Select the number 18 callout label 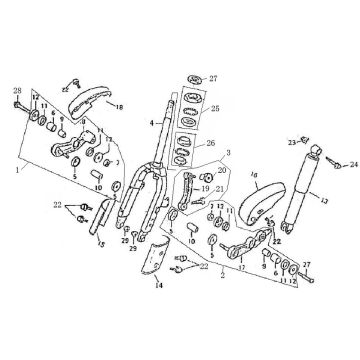[119, 103]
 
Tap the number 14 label [157, 313]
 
